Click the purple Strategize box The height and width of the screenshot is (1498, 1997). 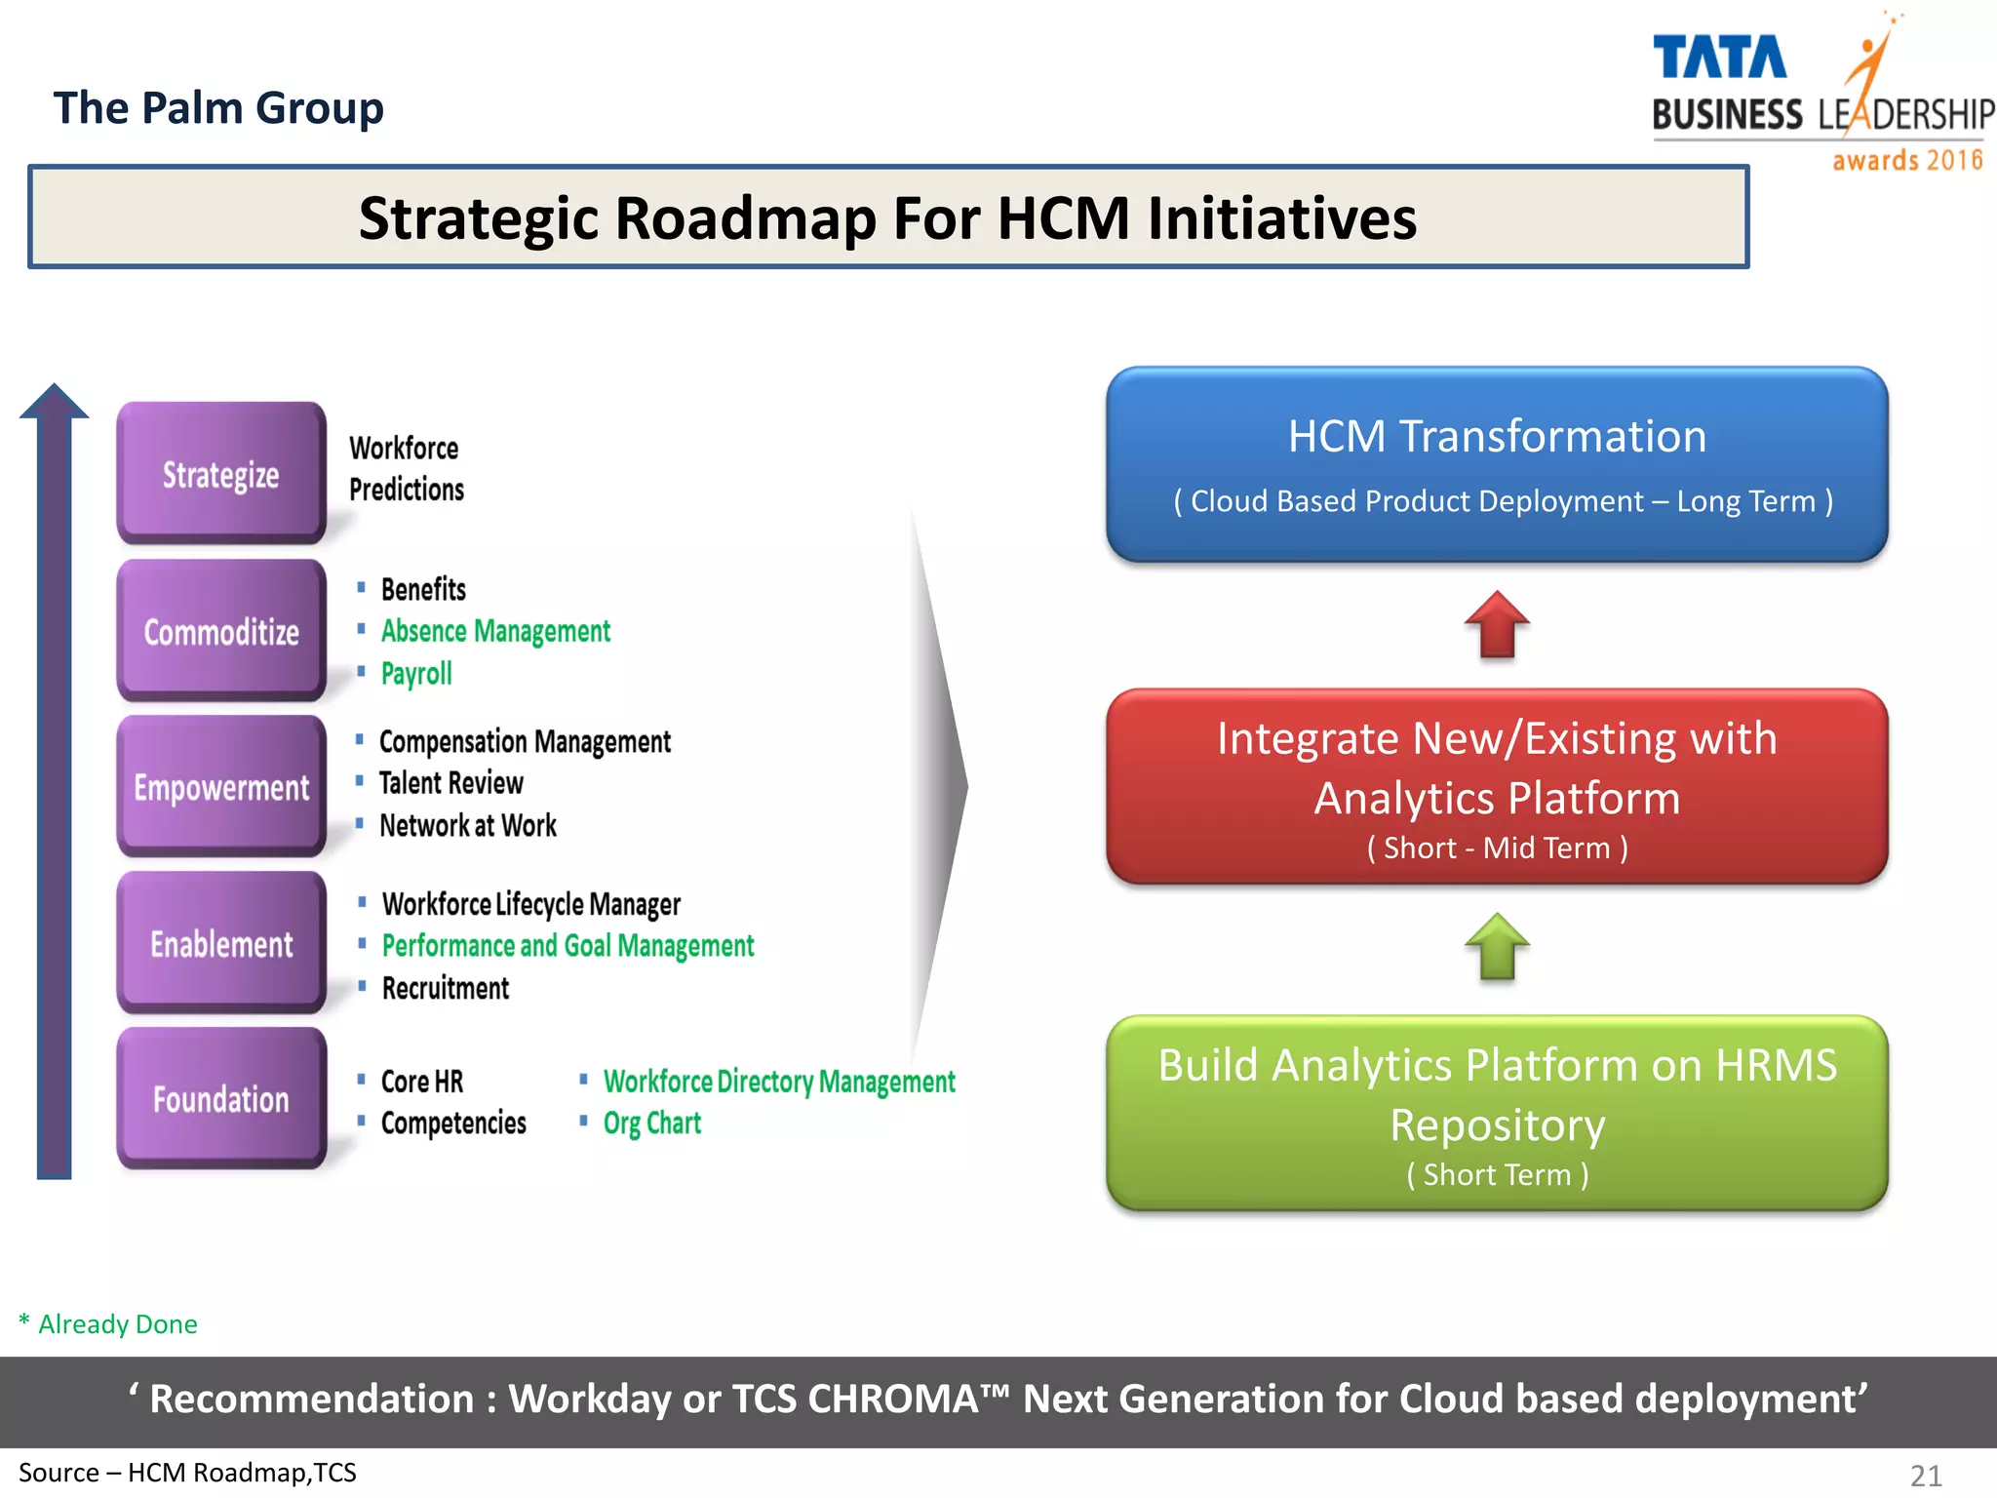(221, 473)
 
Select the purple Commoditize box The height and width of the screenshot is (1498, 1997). (221, 630)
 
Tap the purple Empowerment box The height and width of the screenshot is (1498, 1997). (221, 786)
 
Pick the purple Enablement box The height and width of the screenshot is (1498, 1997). (221, 942)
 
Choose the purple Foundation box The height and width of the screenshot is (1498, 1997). (221, 1098)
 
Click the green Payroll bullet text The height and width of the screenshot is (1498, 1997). (416, 673)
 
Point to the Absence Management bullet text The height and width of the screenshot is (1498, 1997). (495, 631)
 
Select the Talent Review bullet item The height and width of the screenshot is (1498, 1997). (450, 783)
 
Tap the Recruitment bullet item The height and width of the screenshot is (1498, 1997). (446, 988)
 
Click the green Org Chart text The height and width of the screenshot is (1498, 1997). (651, 1123)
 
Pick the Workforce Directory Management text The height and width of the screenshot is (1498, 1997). (779, 1081)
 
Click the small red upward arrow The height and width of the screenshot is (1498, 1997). (1497, 624)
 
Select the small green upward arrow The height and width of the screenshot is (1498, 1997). (1497, 946)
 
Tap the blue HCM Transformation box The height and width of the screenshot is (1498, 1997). (1497, 464)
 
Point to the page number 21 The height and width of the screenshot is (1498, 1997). (1926, 1476)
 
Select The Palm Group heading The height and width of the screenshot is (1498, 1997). (218, 107)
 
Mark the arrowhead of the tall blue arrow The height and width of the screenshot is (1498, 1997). (55, 401)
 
